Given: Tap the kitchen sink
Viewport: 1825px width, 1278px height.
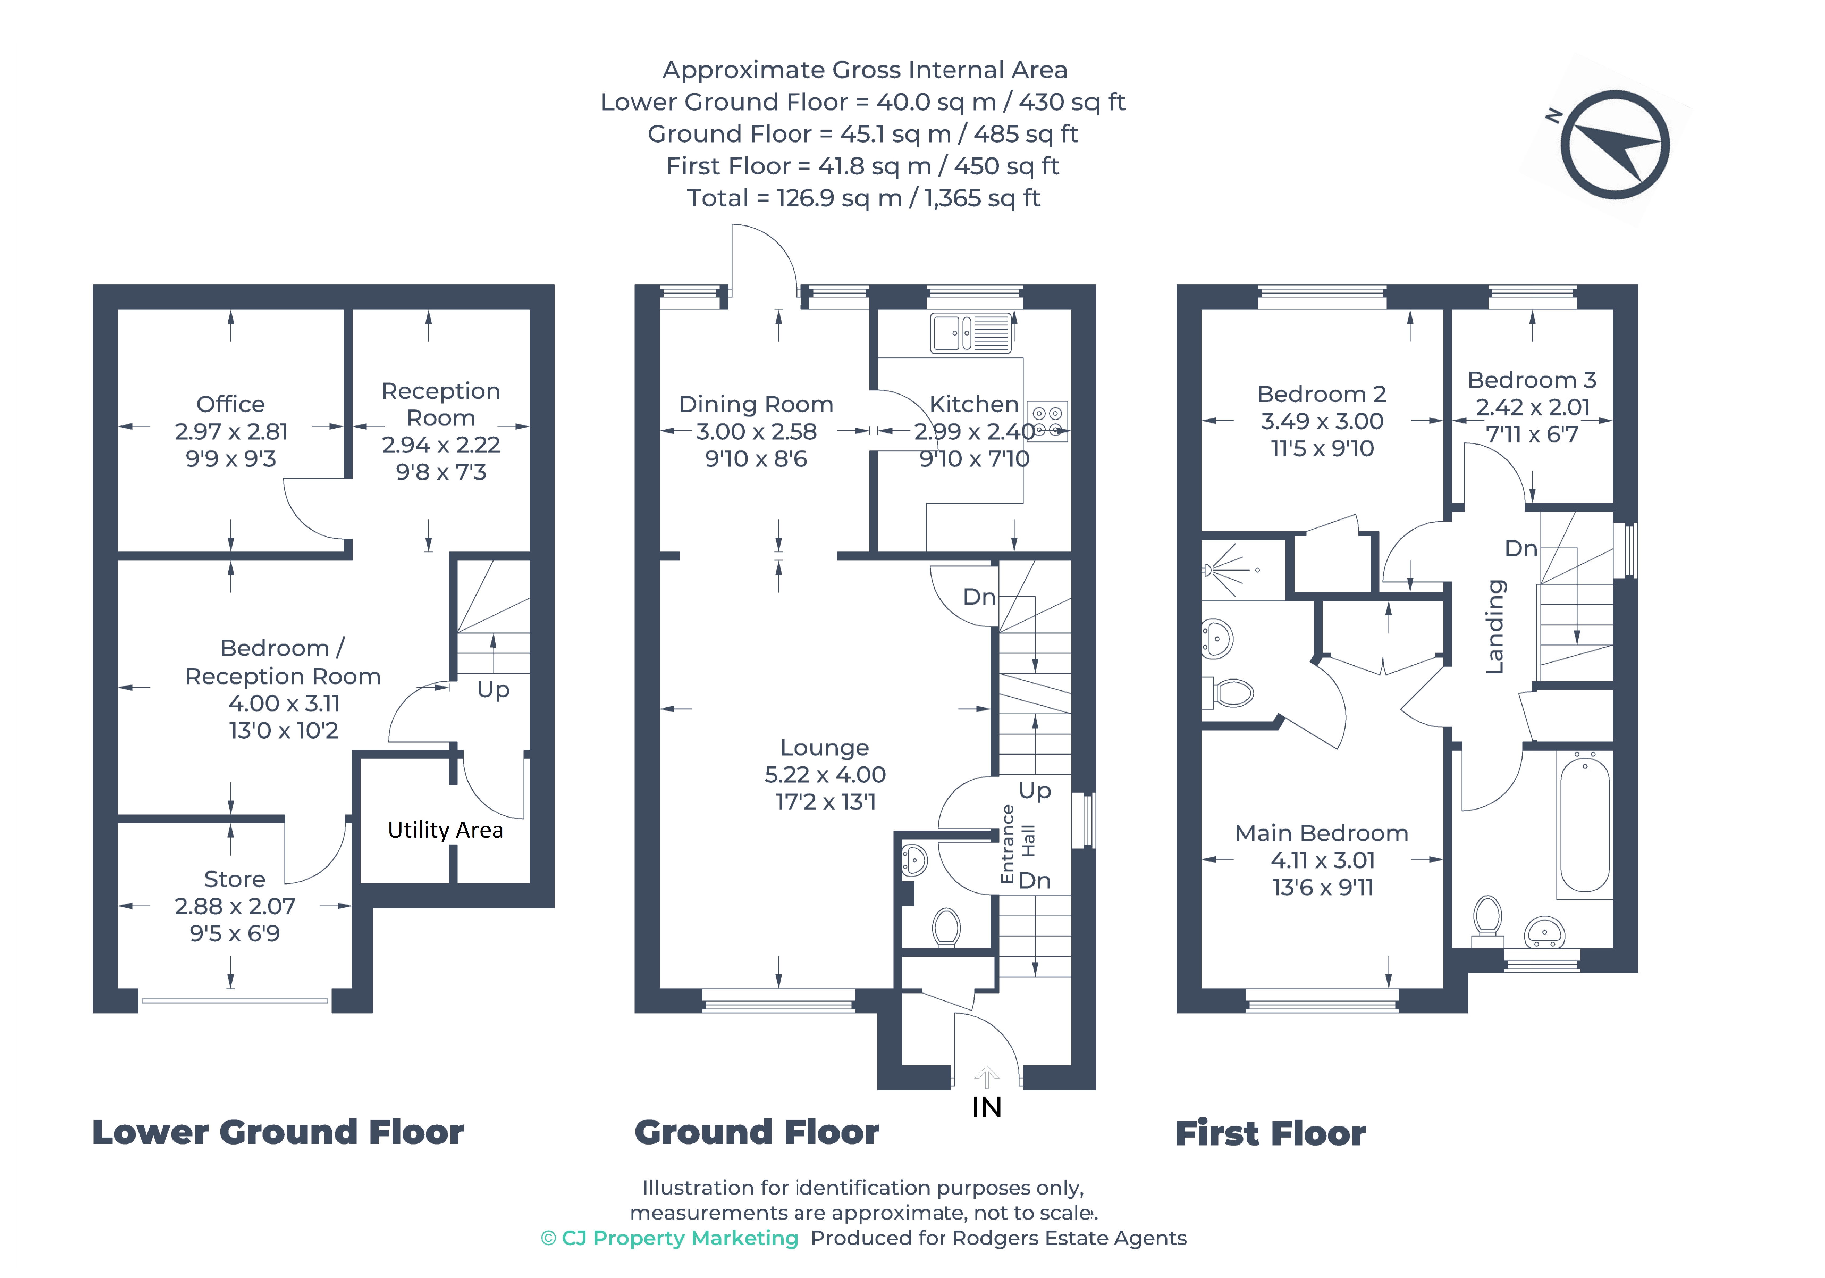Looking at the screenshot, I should pyautogui.click(x=971, y=332).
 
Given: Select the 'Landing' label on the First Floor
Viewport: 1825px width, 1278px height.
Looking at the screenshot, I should pyautogui.click(x=1495, y=627).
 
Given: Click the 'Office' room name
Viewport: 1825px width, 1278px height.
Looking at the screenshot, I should pyautogui.click(x=230, y=404).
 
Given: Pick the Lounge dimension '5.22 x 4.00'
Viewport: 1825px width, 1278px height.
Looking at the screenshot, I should pyautogui.click(x=825, y=775).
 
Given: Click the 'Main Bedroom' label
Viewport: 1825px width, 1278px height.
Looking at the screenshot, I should pyautogui.click(x=1322, y=833).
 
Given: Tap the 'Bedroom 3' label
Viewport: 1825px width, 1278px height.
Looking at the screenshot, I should pyautogui.click(x=1532, y=380).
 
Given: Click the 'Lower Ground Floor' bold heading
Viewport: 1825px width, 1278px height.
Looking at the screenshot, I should pyautogui.click(x=278, y=1132).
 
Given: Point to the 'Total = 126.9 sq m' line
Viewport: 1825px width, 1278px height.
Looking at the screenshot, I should pyautogui.click(x=863, y=198).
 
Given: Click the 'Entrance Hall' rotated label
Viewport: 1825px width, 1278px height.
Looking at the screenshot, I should pyautogui.click(x=1017, y=843).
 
